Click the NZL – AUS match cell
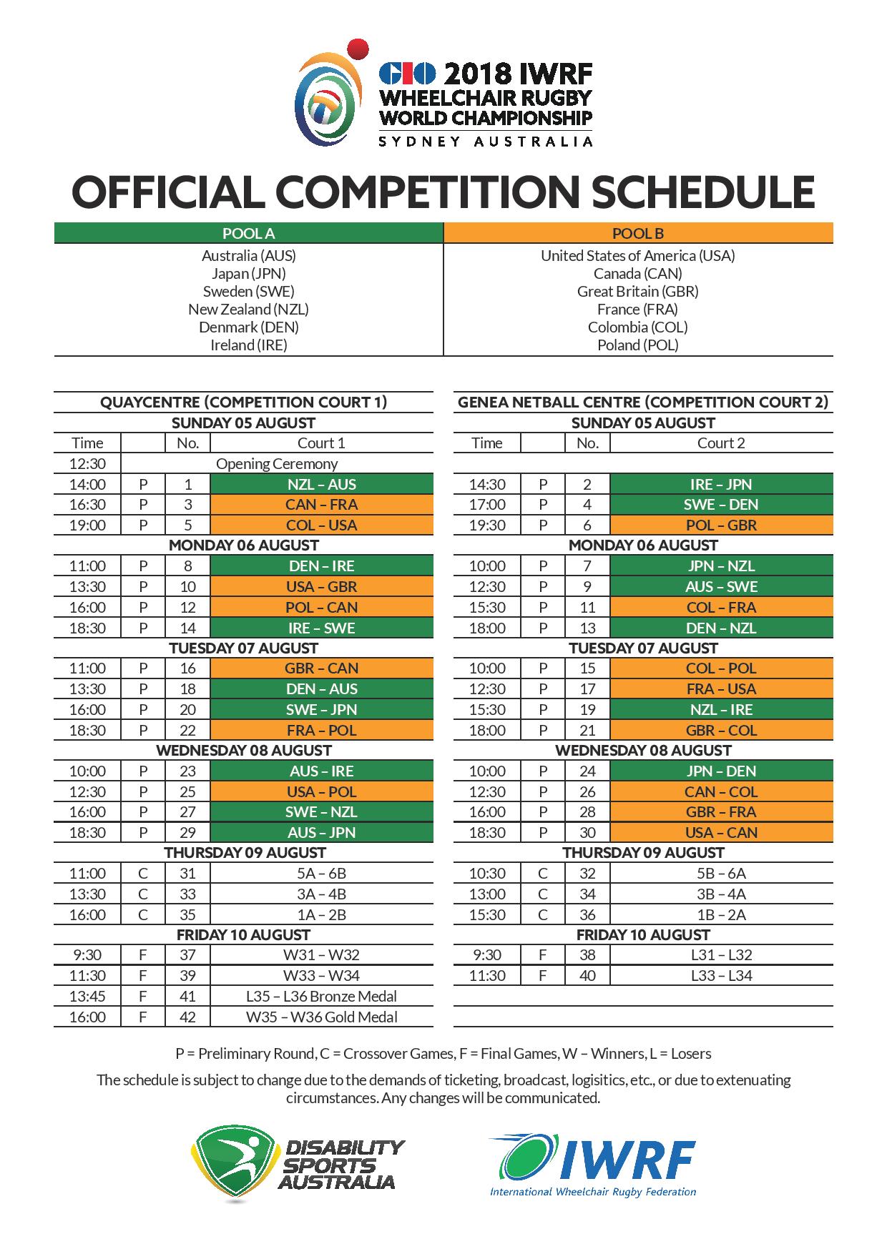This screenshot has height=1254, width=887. (x=321, y=484)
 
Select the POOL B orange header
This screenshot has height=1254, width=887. (x=637, y=233)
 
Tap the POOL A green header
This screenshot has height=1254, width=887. (x=248, y=233)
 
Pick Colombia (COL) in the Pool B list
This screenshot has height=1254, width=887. (x=637, y=327)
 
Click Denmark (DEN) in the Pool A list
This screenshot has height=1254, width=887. (x=248, y=327)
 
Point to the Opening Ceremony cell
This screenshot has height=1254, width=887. (x=277, y=463)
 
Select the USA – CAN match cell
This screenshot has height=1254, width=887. (x=720, y=832)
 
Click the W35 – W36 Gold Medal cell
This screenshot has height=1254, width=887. (x=321, y=1017)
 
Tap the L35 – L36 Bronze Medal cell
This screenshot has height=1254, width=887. (x=321, y=996)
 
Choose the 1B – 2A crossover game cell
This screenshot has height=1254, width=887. (x=720, y=914)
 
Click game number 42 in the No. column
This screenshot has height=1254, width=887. (x=187, y=1017)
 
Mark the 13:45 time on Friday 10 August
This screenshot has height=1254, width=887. (x=87, y=996)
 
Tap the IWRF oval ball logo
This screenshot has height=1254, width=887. (x=526, y=1158)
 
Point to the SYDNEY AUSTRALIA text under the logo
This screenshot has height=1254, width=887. (x=485, y=142)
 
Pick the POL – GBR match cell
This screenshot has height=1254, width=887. (x=720, y=525)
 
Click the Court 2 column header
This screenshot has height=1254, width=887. (x=720, y=443)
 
